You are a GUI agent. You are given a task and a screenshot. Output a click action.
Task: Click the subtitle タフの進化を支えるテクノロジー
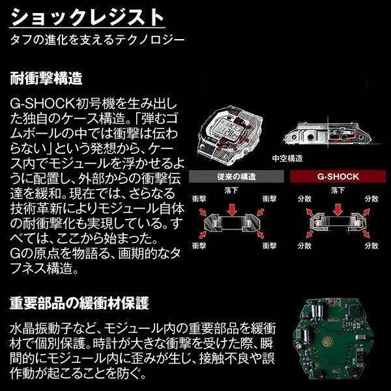(x=97, y=40)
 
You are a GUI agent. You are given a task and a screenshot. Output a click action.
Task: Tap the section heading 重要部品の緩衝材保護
(x=80, y=304)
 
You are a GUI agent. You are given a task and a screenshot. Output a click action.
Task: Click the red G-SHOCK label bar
(x=337, y=177)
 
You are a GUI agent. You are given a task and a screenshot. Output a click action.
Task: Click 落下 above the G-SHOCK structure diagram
(x=338, y=190)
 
